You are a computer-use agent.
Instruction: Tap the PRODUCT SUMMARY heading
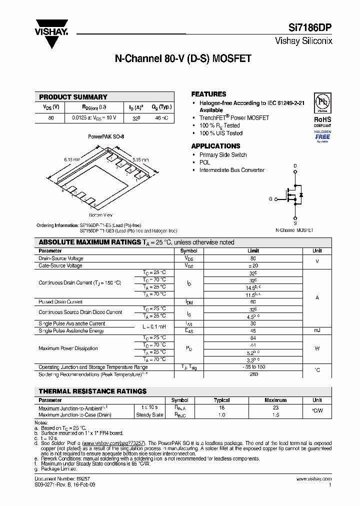pos(73,97)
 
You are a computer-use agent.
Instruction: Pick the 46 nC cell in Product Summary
pos(161,118)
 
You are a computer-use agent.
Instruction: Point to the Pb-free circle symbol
pos(322,102)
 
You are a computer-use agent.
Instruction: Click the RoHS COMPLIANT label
pos(322,122)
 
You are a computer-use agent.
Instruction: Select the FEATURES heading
pos(208,94)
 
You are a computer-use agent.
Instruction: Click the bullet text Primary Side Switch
pos(223,155)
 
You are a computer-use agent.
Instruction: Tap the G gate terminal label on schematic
pos(270,199)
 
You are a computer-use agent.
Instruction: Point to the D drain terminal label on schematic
pos(295,165)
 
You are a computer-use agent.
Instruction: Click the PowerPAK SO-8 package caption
pos(106,136)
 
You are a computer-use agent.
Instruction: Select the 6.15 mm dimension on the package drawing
pos(72,159)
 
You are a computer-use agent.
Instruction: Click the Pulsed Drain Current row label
pos(60,302)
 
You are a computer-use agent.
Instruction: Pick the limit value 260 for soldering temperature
pos(253,374)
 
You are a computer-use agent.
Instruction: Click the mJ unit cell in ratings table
pos(317,331)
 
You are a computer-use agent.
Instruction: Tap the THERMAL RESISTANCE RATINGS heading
pos(93,391)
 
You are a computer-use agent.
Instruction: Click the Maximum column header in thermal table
pos(275,400)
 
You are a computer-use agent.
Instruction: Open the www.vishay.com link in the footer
pos(313,479)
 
